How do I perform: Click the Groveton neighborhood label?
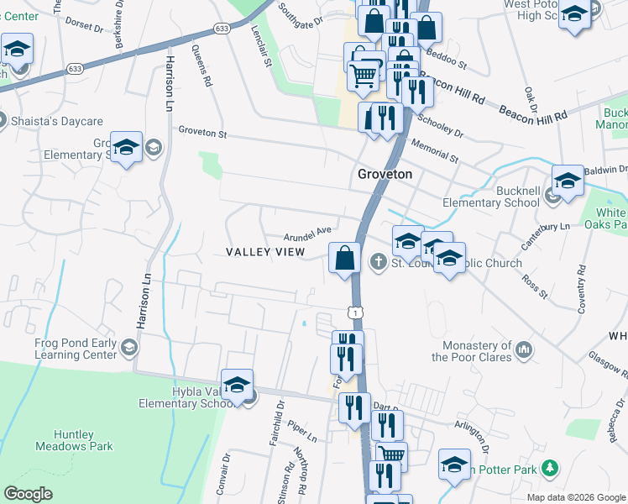coord(384,174)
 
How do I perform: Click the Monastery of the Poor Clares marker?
coord(524,348)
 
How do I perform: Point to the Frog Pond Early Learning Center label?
coord(76,349)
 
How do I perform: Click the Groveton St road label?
coord(202,132)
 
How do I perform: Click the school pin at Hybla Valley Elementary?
coord(238,384)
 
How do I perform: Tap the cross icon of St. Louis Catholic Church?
coord(378,263)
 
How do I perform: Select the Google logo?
coord(28,494)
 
